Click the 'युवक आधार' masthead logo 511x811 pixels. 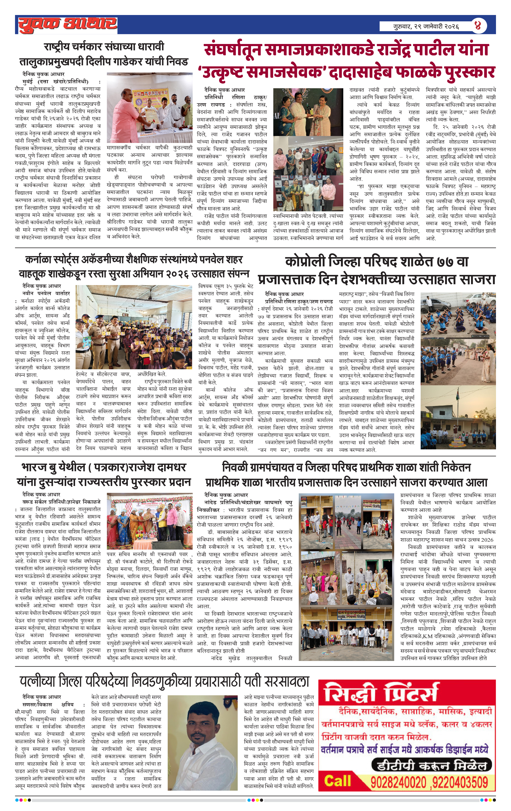67,25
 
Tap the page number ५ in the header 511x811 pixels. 477,26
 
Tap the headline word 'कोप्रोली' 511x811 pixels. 305,262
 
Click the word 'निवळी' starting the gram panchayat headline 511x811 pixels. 235,467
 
